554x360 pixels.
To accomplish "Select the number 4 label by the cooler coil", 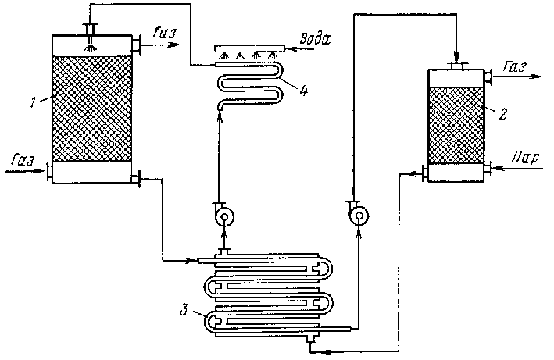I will coord(302,88).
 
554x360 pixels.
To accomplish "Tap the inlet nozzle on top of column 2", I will coord(457,66).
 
